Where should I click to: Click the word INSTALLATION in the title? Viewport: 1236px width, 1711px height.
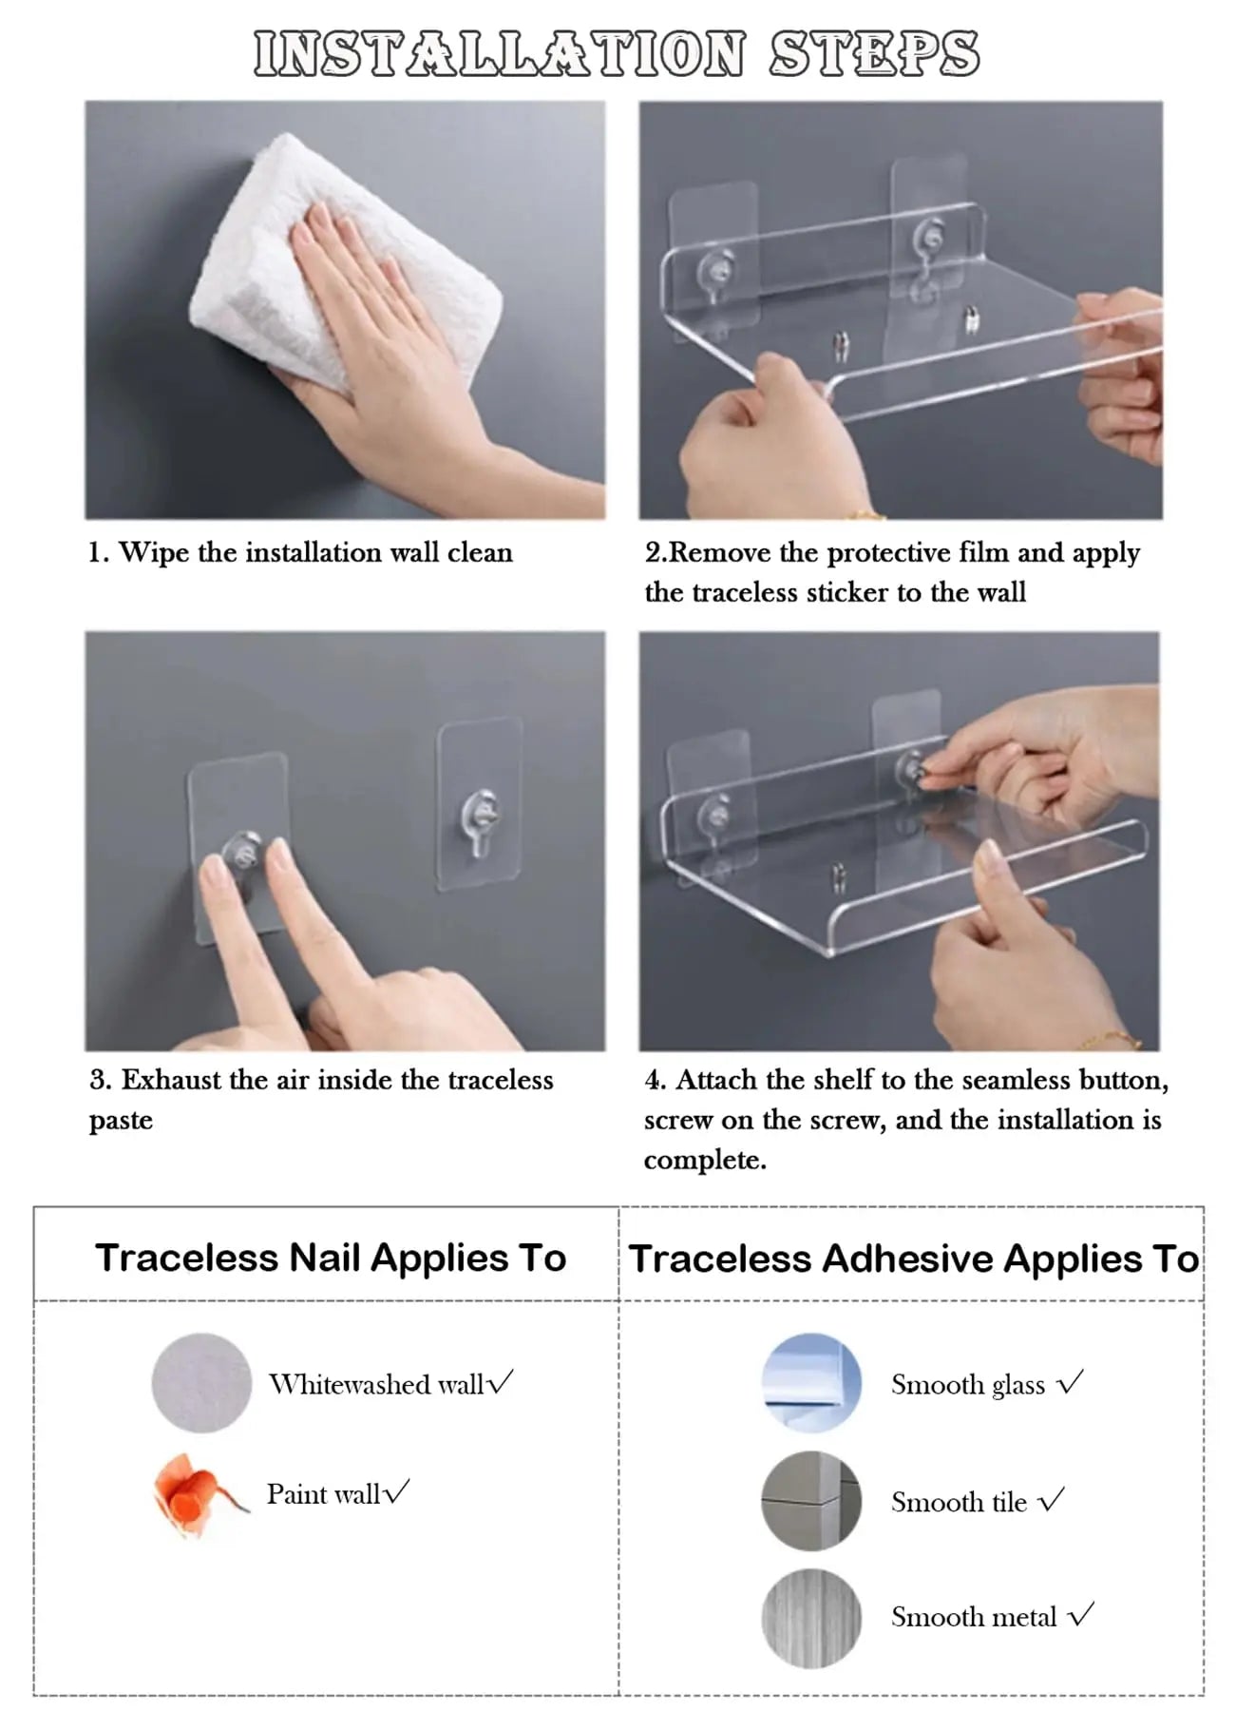click(500, 53)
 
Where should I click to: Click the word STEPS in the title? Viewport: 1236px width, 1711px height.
click(873, 53)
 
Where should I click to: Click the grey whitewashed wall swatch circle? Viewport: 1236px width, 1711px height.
click(201, 1382)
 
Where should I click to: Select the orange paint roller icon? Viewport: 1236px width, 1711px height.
click(194, 1494)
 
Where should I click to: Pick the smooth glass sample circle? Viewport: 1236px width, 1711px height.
click(811, 1382)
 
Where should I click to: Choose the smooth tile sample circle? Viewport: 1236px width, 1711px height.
click(811, 1500)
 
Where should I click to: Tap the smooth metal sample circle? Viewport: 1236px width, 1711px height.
click(811, 1617)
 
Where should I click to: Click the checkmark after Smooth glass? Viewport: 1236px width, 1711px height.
click(1071, 1382)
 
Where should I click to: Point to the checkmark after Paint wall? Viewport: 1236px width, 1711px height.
click(396, 1491)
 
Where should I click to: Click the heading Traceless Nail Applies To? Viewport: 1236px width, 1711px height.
click(331, 1258)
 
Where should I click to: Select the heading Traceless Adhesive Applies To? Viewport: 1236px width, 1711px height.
click(913, 1259)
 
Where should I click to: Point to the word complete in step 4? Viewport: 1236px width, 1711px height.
click(704, 1160)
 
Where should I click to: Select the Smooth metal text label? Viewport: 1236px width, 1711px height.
click(973, 1617)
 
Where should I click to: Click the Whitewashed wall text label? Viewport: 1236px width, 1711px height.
click(377, 1384)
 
